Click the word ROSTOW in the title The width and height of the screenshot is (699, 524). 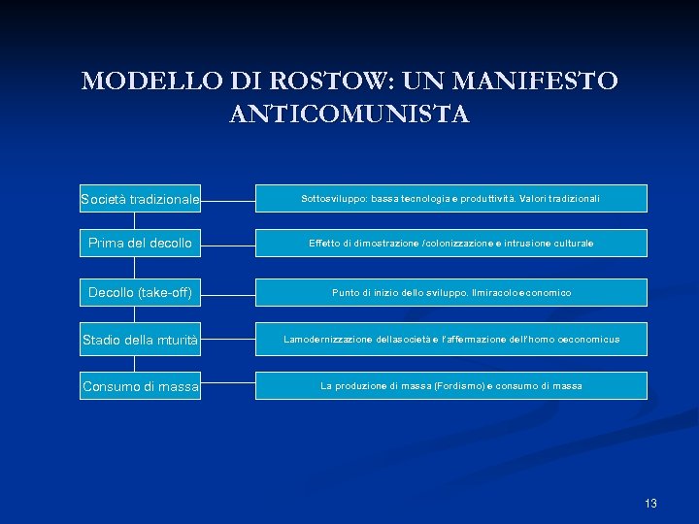pyautogui.click(x=296, y=81)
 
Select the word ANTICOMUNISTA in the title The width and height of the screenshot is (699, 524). pyautogui.click(x=349, y=115)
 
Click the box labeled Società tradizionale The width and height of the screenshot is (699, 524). pyautogui.click(x=140, y=199)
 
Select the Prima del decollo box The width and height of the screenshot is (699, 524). pyautogui.click(x=140, y=243)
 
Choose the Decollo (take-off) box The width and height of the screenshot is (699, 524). pyautogui.click(x=140, y=292)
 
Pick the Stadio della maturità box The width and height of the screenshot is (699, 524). pyautogui.click(x=140, y=340)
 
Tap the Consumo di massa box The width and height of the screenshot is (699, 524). pyautogui.click(x=140, y=386)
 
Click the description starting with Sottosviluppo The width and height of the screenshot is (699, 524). pyautogui.click(x=450, y=198)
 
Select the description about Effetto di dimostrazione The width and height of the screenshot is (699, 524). pyautogui.click(x=450, y=243)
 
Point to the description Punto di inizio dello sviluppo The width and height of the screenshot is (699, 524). pyautogui.click(x=450, y=292)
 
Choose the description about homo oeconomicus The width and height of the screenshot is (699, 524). pyautogui.click(x=450, y=340)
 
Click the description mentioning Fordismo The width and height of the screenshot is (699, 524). pyautogui.click(x=450, y=386)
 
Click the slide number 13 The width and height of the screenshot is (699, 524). pyautogui.click(x=650, y=503)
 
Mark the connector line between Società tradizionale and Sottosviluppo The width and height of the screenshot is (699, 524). pyautogui.click(x=228, y=202)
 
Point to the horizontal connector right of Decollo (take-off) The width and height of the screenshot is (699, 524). pyautogui.click(x=228, y=292)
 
